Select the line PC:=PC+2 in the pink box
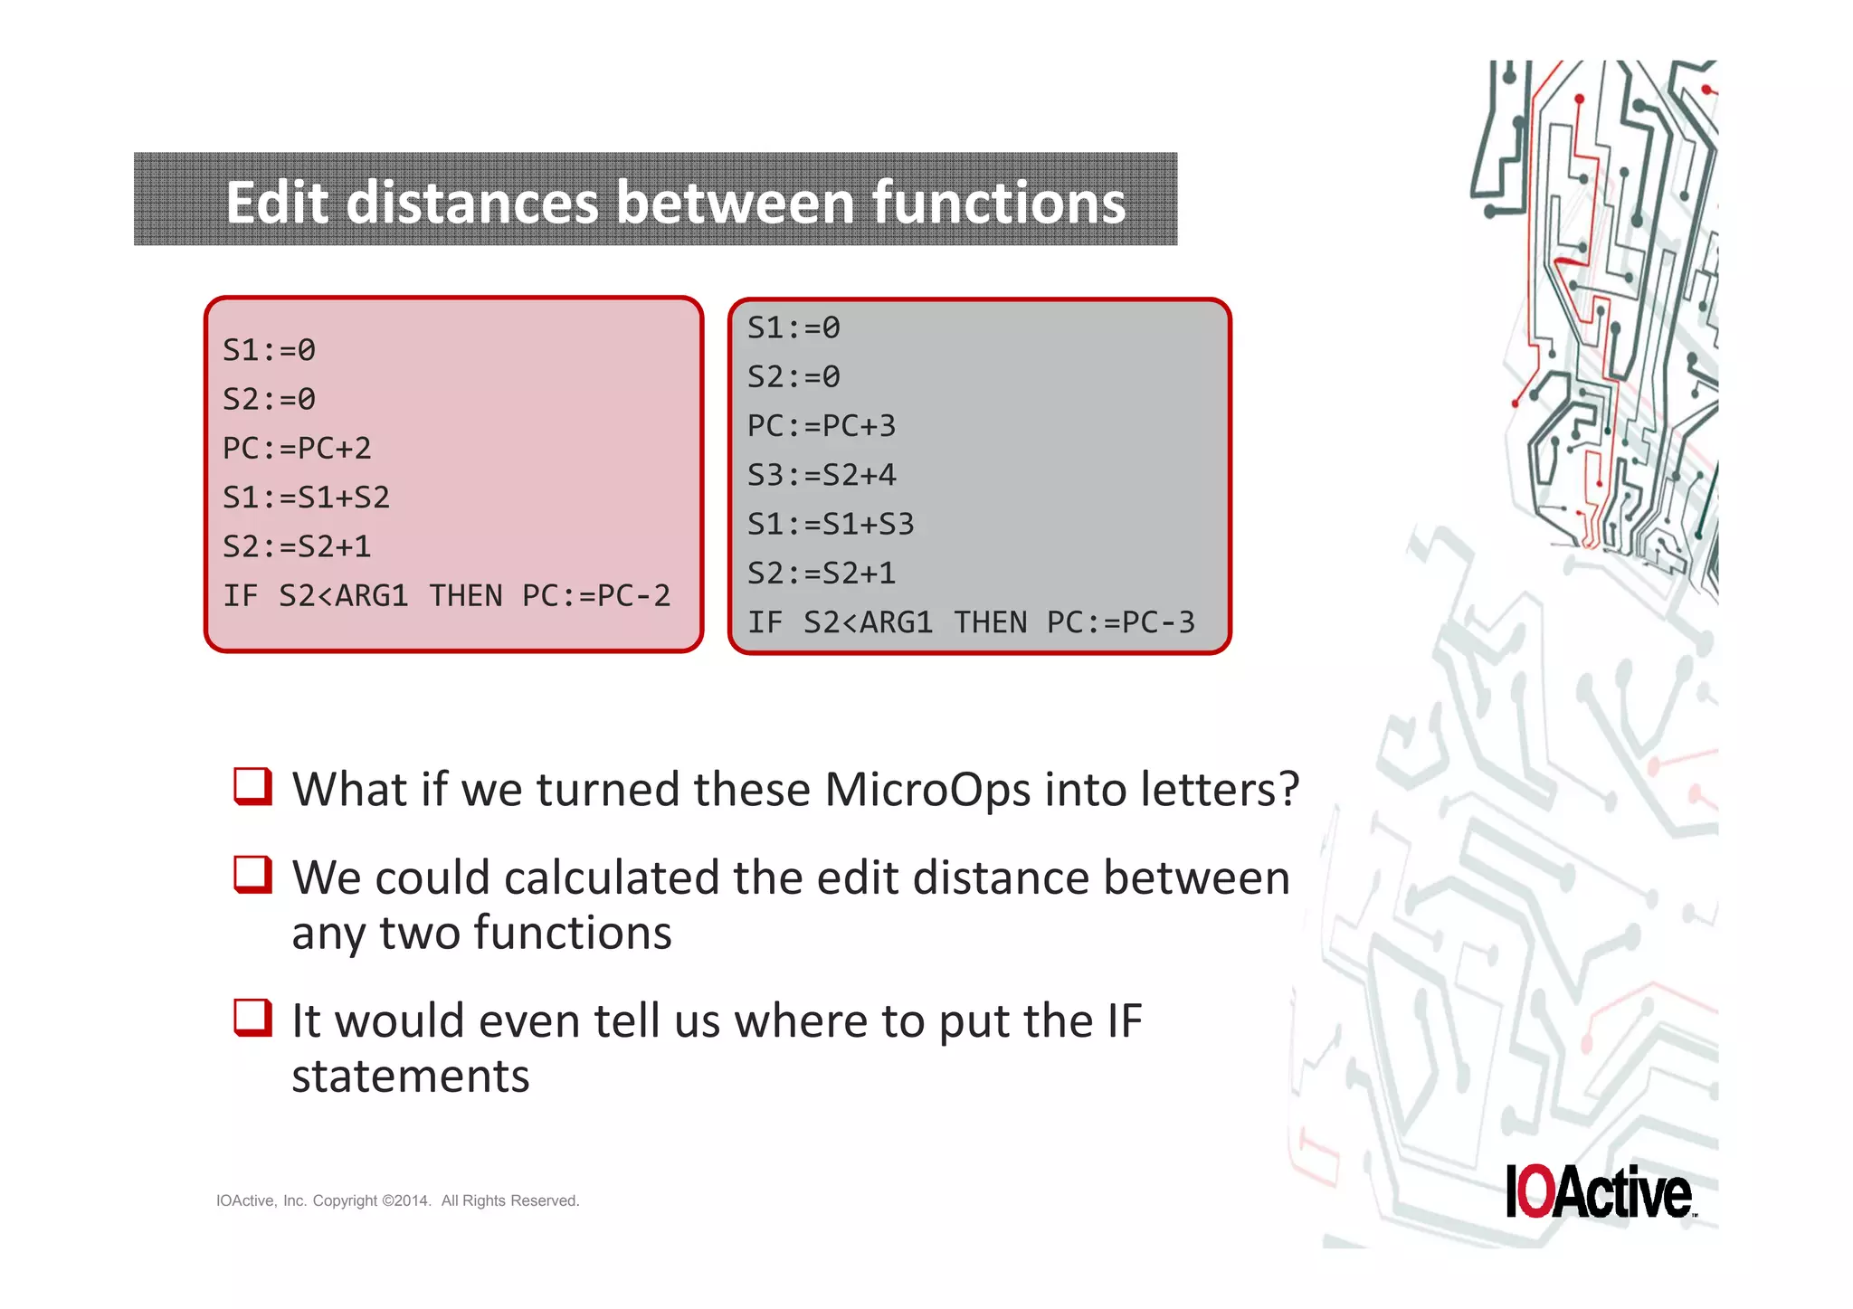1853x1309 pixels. pyautogui.click(x=297, y=449)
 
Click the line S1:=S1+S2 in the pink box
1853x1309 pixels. pyautogui.click(x=306, y=498)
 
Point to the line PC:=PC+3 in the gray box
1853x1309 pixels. pyautogui.click(x=821, y=426)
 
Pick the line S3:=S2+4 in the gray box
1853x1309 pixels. pyautogui.click(x=821, y=475)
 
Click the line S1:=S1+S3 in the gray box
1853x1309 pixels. pyautogui.click(x=830, y=525)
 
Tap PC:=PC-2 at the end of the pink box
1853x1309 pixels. pyautogui.click(x=596, y=596)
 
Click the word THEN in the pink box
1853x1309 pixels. pyautogui.click(x=465, y=596)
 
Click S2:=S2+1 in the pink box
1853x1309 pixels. pyautogui.click(x=297, y=547)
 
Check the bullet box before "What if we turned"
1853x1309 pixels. pyautogui.click(x=252, y=786)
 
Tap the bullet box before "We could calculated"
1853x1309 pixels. pyautogui.click(x=252, y=874)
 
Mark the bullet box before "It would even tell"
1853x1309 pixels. pyautogui.click(x=252, y=1017)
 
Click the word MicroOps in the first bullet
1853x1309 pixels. pyautogui.click(x=926, y=790)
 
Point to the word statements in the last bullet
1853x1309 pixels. pyautogui.click(x=410, y=1076)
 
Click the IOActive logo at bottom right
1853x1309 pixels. pyautogui.click(x=1599, y=1191)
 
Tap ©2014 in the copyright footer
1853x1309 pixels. pyautogui.click(x=406, y=1200)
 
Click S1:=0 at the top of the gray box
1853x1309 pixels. pyautogui.click(x=793, y=327)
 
